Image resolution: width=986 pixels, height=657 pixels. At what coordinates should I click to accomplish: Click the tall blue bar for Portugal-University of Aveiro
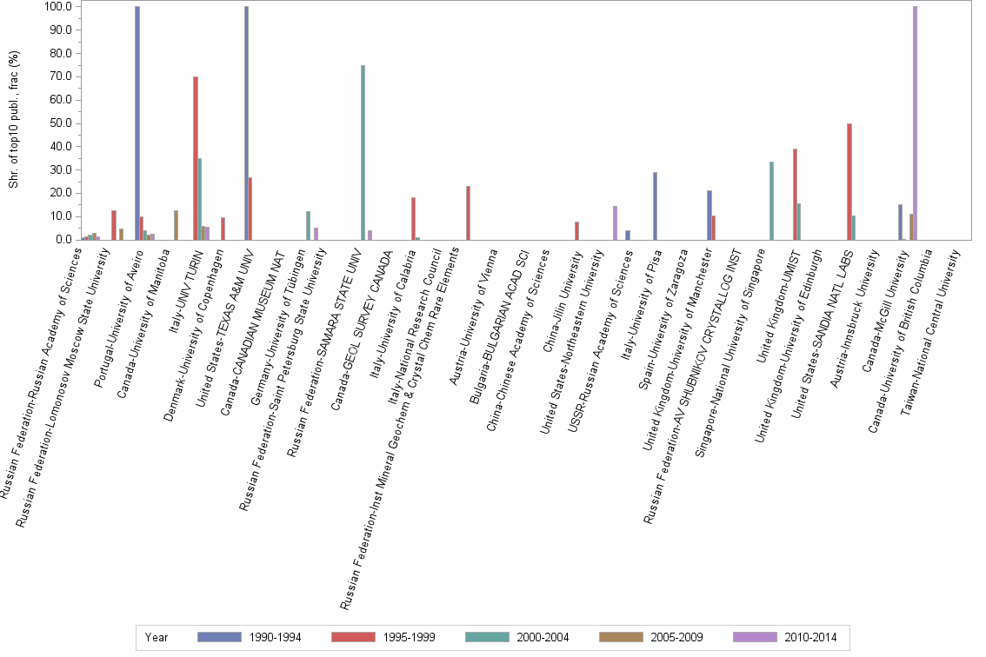(137, 123)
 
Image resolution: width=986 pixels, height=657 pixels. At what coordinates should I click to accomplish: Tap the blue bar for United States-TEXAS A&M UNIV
(246, 123)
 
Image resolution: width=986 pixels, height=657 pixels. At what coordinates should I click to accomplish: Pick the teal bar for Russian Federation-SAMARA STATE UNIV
(363, 152)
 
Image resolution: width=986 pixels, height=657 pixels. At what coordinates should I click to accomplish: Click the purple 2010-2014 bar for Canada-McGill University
(915, 123)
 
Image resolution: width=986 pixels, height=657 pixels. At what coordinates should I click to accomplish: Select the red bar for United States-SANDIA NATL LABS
(849, 182)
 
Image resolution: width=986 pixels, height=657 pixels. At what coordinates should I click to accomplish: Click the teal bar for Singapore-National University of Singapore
(771, 201)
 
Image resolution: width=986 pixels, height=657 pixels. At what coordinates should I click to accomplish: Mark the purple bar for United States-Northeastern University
(615, 222)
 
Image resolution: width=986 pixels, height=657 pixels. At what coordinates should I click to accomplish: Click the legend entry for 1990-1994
(253, 637)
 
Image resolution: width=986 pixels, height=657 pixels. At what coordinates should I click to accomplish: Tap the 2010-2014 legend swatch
(753, 637)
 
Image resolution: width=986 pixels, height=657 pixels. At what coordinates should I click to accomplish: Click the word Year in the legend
(157, 637)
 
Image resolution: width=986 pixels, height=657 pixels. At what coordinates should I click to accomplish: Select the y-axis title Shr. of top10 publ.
(13, 122)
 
